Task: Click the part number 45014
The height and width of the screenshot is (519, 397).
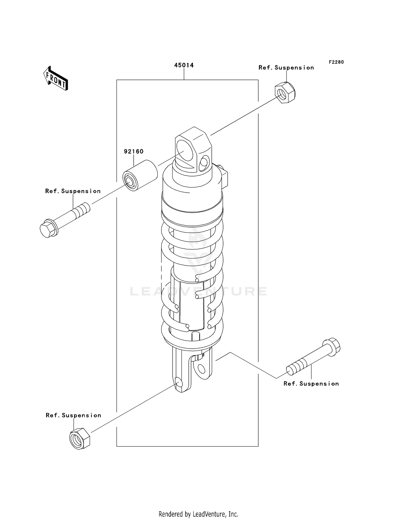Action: [184, 65]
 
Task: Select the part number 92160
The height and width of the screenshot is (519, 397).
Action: [134, 151]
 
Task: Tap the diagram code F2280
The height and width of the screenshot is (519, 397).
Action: [336, 62]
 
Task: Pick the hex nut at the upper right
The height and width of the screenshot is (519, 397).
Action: [285, 93]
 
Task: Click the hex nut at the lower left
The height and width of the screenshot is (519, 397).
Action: [79, 438]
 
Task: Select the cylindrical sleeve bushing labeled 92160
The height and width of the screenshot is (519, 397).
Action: [140, 175]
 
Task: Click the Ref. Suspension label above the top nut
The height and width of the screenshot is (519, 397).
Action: [286, 68]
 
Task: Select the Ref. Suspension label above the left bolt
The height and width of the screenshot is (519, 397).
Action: [73, 191]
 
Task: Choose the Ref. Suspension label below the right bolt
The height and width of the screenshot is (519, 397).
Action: [311, 384]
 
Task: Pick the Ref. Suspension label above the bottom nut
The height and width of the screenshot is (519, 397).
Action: [73, 415]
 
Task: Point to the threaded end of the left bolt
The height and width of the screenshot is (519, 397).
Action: [83, 209]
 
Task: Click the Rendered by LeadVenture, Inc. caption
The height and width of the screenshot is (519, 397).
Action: [198, 514]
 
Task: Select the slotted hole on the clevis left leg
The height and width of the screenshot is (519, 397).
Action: [179, 382]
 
